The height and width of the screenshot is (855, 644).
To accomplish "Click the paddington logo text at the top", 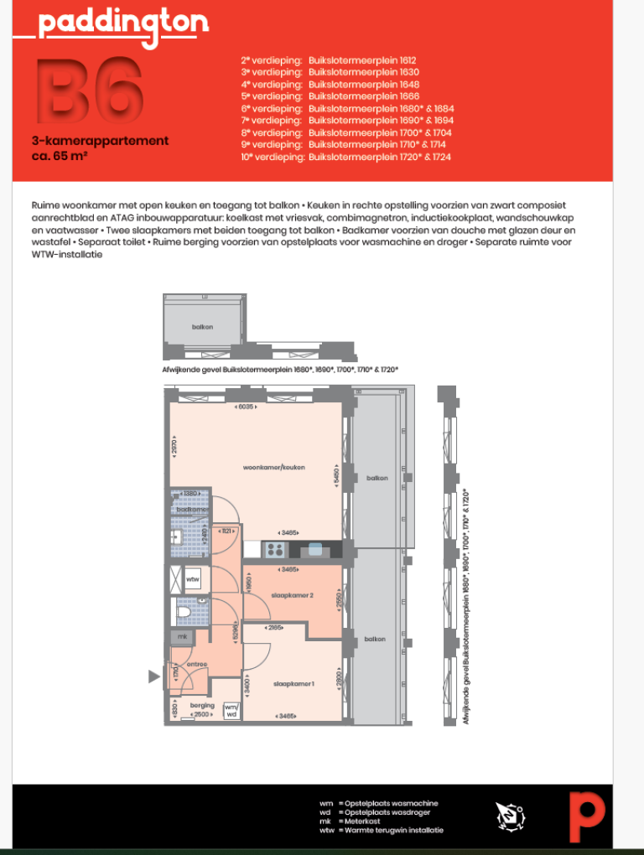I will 122,23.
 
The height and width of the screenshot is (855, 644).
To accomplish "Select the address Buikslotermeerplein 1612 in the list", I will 362,61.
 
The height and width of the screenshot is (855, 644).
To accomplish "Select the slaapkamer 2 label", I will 292,596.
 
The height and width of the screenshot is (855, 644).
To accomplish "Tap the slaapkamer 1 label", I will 293,685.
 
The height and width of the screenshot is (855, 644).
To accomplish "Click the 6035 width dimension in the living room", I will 246,407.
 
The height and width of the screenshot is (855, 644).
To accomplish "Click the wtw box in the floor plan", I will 192,579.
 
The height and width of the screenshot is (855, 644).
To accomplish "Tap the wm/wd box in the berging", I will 231,710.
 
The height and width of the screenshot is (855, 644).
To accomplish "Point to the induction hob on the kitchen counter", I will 274,550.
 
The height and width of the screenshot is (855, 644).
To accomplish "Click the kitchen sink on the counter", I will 315,550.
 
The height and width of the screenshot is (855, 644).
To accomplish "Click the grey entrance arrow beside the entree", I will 153,676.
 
